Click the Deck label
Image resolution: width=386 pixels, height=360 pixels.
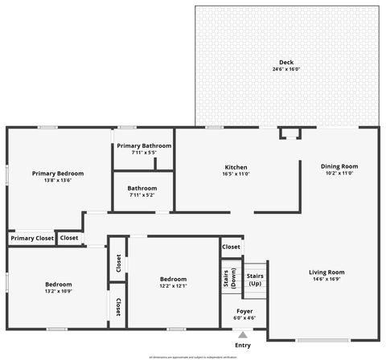(286, 63)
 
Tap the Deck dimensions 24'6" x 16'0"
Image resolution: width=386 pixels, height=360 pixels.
(286, 70)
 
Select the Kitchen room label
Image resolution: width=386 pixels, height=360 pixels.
(236, 166)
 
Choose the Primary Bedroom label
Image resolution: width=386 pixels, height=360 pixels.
(58, 173)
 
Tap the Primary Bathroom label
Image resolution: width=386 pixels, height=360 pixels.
(144, 145)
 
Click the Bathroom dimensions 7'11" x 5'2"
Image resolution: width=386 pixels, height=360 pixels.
(143, 195)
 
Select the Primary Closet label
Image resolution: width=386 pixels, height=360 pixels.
(32, 238)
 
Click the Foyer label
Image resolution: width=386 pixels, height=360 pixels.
(245, 311)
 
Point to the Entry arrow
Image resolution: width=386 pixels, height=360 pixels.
(243, 335)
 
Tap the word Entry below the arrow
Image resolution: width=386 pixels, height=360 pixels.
(243, 346)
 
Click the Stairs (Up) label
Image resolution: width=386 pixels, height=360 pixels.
(255, 280)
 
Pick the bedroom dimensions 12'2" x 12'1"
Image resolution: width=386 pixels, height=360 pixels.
(173, 286)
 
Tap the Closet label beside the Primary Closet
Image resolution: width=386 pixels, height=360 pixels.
(69, 238)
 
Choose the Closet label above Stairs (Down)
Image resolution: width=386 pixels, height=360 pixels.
(231, 247)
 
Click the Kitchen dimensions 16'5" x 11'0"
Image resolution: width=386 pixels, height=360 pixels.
(236, 174)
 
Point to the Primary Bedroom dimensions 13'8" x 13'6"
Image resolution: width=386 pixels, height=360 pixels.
(58, 180)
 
